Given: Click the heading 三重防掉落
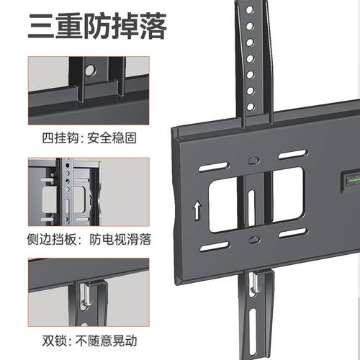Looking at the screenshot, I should coord(97,27).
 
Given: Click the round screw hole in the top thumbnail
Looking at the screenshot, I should coord(91,71).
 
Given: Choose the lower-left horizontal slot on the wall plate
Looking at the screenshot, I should coord(215,247).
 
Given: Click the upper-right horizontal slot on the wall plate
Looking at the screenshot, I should coord(292,155).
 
